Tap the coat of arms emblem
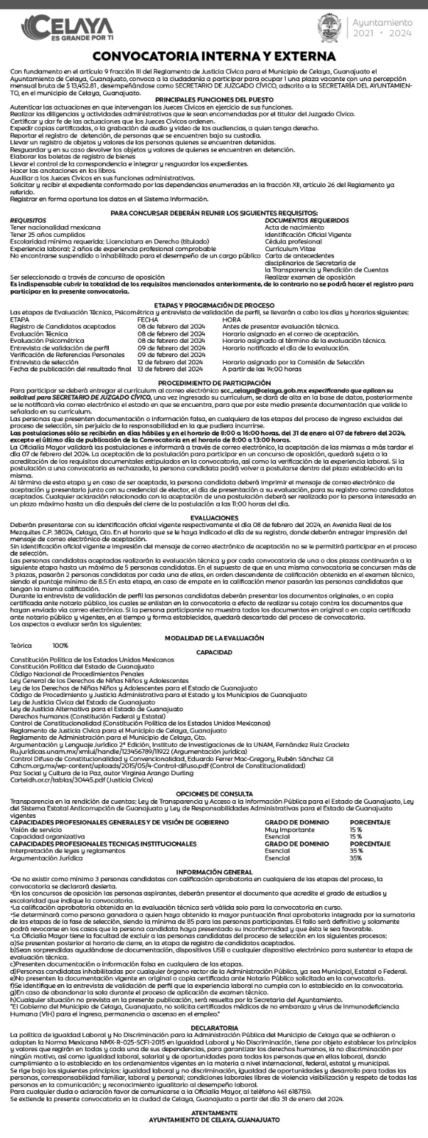coord(328,28)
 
